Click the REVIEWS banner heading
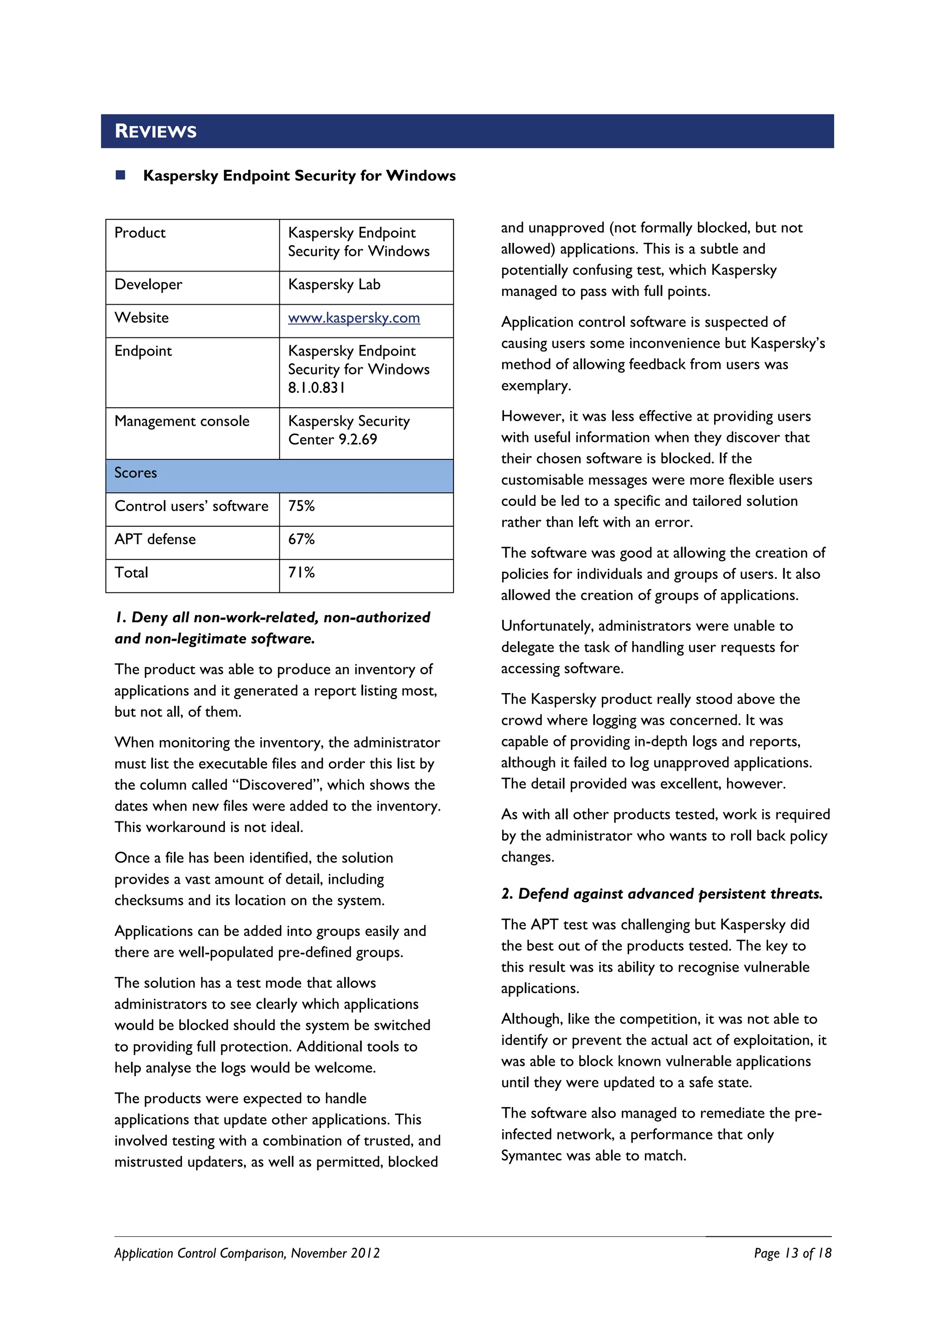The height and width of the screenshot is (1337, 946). [156, 131]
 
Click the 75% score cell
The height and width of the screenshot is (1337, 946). [301, 506]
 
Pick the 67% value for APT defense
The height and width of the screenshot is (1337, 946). [301, 539]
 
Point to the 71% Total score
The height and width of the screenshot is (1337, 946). [301, 572]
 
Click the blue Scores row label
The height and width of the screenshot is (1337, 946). [136, 473]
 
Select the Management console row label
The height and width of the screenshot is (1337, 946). [182, 421]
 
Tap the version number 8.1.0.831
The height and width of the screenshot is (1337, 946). [316, 388]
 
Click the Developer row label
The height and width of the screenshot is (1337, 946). [148, 285]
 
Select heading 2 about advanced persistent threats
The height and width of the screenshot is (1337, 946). [662, 894]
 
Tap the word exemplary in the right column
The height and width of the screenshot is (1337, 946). [535, 385]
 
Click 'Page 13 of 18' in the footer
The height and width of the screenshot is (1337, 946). [792, 1253]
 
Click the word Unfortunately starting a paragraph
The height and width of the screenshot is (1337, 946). [547, 626]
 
